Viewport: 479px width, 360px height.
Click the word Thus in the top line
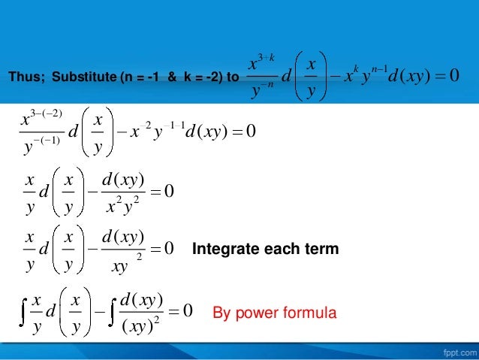coord(21,77)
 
